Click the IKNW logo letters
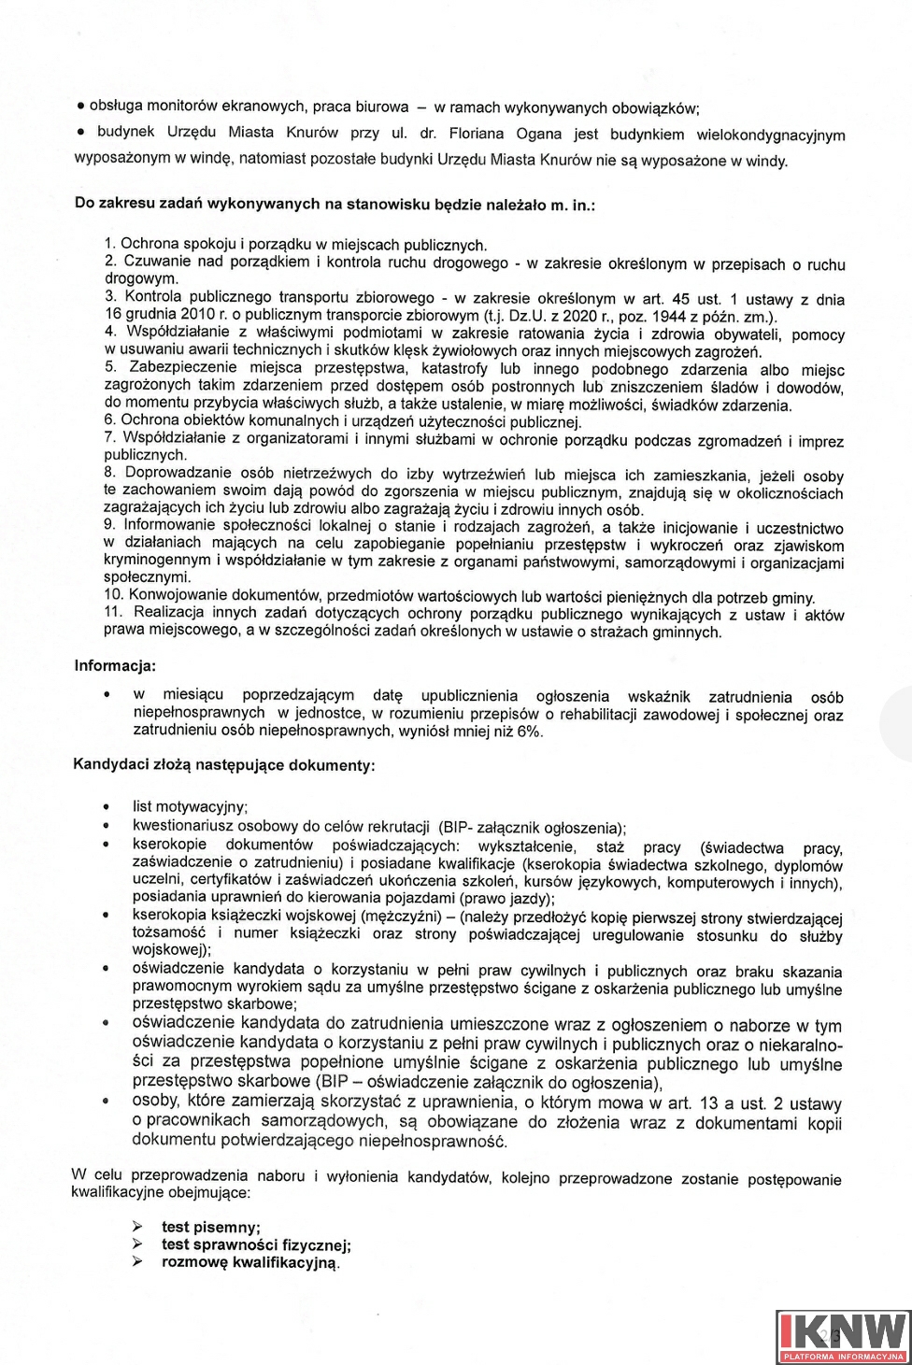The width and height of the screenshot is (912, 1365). click(x=843, y=1329)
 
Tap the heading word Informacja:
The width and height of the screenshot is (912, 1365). click(x=115, y=666)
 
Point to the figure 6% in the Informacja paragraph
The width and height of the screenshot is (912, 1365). click(x=527, y=732)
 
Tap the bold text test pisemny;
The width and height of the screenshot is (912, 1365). click(x=211, y=1227)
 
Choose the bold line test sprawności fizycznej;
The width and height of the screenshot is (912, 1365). click(x=256, y=1244)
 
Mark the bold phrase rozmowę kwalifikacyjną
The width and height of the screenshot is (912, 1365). click(x=249, y=1262)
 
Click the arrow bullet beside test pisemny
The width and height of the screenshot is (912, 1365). click(x=137, y=1227)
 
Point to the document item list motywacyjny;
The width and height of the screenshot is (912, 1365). click(x=190, y=806)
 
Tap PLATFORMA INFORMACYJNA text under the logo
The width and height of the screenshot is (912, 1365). click(x=843, y=1356)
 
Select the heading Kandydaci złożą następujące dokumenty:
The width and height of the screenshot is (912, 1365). click(x=224, y=765)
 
